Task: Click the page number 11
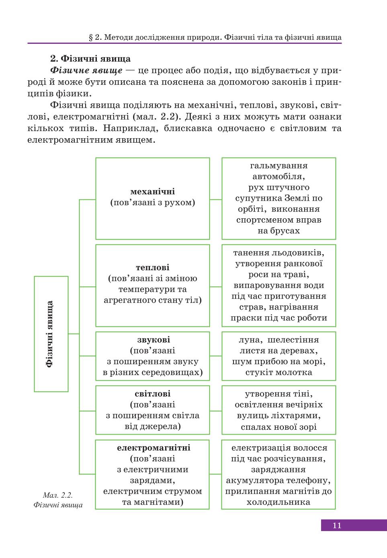(x=337, y=525)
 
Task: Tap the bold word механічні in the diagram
(x=152, y=192)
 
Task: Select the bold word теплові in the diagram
(x=152, y=267)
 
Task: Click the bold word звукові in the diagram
(x=154, y=340)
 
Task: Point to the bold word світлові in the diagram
(x=152, y=394)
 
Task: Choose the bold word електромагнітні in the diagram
(x=154, y=448)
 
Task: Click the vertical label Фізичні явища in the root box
(x=50, y=334)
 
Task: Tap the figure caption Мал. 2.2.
(x=58, y=495)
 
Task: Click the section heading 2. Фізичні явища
(x=90, y=59)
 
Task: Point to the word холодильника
(x=278, y=502)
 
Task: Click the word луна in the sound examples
(x=249, y=340)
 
